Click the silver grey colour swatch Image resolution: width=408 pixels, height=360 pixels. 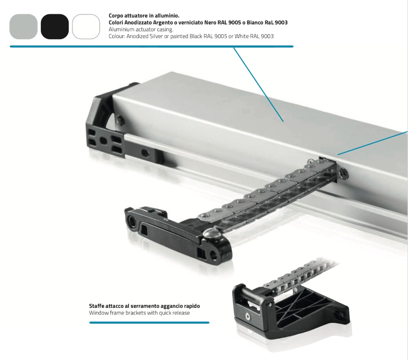pyautogui.click(x=23, y=27)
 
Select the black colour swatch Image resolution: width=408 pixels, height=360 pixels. pyautogui.click(x=55, y=27)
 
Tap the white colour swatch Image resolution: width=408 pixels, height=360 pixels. pyautogui.click(x=86, y=27)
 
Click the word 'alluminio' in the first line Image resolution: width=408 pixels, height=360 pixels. pyautogui.click(x=168, y=16)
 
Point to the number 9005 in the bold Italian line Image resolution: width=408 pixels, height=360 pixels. pyautogui.click(x=235, y=22)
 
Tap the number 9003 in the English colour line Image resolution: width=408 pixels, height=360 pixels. pyautogui.click(x=267, y=36)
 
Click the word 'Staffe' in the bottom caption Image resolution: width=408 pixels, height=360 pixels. pyautogui.click(x=96, y=306)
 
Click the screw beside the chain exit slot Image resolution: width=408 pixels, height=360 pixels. pyautogui.click(x=343, y=173)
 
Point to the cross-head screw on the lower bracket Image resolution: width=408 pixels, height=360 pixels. pyautogui.click(x=247, y=316)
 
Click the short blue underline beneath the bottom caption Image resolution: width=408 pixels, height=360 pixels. pyautogui.click(x=149, y=322)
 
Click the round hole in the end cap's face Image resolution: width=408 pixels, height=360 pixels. pyautogui.click(x=104, y=141)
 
